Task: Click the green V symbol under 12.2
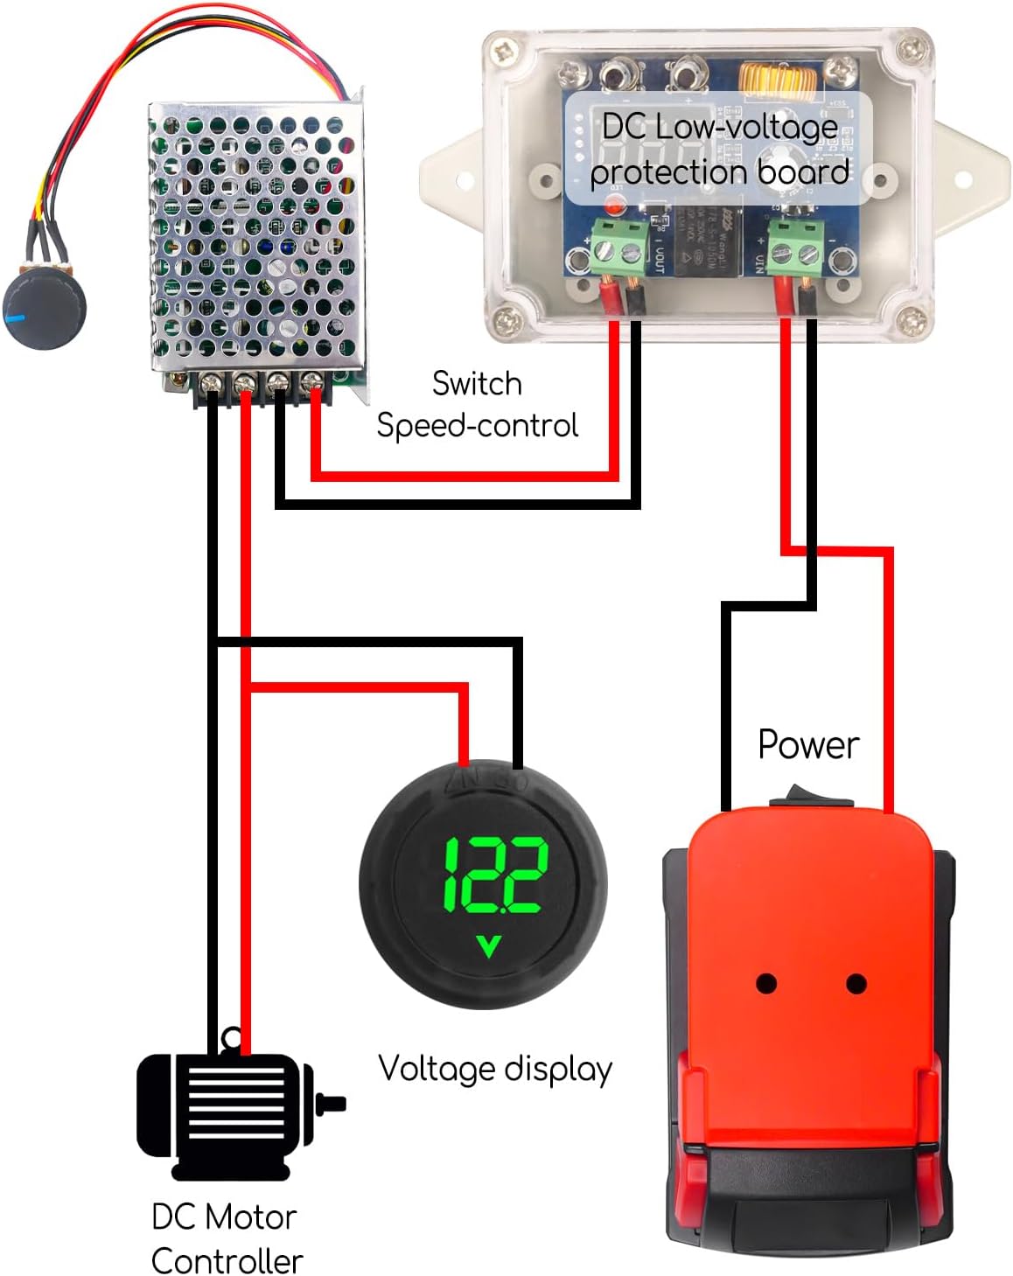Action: (x=488, y=946)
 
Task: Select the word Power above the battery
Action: (x=807, y=745)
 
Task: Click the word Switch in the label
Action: (x=477, y=384)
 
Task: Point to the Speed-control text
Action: (x=477, y=426)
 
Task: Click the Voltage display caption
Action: (x=495, y=1069)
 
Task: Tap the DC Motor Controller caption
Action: (x=226, y=1238)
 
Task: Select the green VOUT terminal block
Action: (x=619, y=248)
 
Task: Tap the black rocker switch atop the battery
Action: (x=811, y=797)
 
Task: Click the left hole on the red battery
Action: (x=766, y=983)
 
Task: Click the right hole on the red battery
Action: (x=856, y=984)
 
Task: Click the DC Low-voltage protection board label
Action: (x=719, y=149)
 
